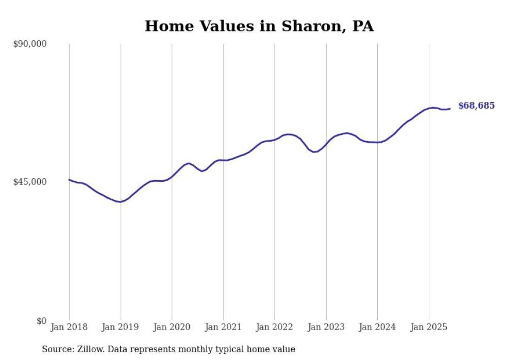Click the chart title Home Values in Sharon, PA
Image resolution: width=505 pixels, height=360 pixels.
(259, 26)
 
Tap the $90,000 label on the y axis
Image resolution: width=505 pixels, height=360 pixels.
(29, 44)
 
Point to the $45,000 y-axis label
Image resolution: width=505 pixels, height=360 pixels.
(29, 182)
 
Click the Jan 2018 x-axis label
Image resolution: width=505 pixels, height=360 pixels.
(69, 327)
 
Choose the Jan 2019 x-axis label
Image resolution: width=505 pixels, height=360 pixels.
(121, 327)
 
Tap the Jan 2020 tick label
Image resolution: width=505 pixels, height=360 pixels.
(172, 327)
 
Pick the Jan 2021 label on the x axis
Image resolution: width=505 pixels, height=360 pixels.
(223, 327)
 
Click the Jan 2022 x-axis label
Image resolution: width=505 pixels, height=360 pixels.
(275, 327)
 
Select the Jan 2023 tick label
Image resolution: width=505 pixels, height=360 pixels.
(326, 327)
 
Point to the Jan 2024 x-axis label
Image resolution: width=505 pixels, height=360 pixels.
(377, 327)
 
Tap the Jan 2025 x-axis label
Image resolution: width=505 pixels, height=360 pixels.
(428, 327)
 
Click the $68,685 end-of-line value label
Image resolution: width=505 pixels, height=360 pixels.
(476, 106)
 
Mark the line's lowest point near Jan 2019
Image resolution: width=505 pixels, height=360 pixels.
(120, 202)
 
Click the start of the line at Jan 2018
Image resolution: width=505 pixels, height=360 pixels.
(69, 180)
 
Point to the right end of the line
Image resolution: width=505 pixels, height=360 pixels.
(450, 109)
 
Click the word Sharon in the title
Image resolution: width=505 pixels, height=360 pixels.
(306, 26)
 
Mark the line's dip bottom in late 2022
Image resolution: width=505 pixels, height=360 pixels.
(314, 152)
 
